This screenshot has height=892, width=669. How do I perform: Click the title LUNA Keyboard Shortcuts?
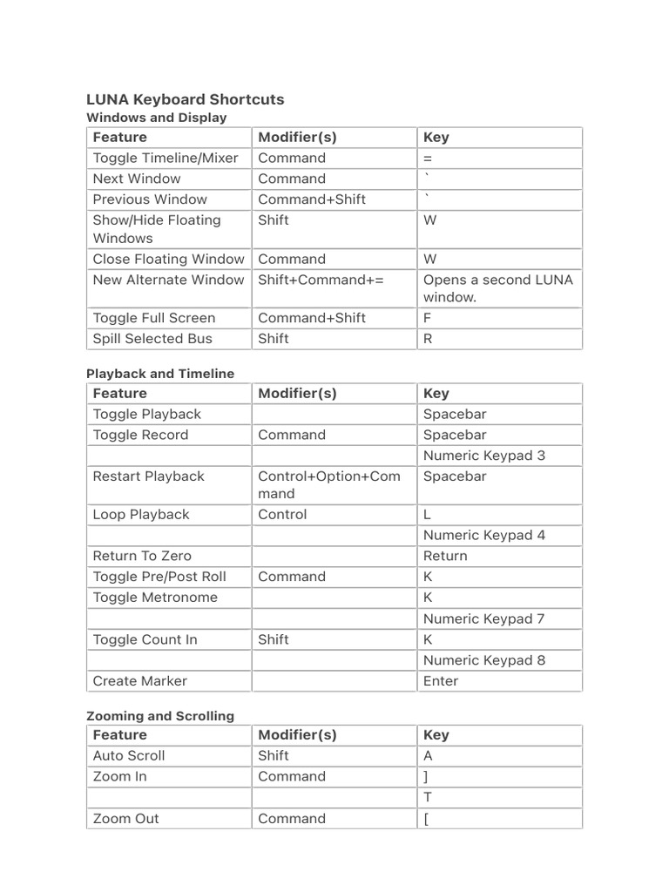[185, 99]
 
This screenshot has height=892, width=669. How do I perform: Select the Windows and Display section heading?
[156, 118]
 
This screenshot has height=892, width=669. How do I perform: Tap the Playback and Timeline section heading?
[160, 374]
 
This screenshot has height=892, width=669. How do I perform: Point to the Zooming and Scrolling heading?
[160, 716]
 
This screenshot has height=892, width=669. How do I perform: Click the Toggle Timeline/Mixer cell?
[166, 158]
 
